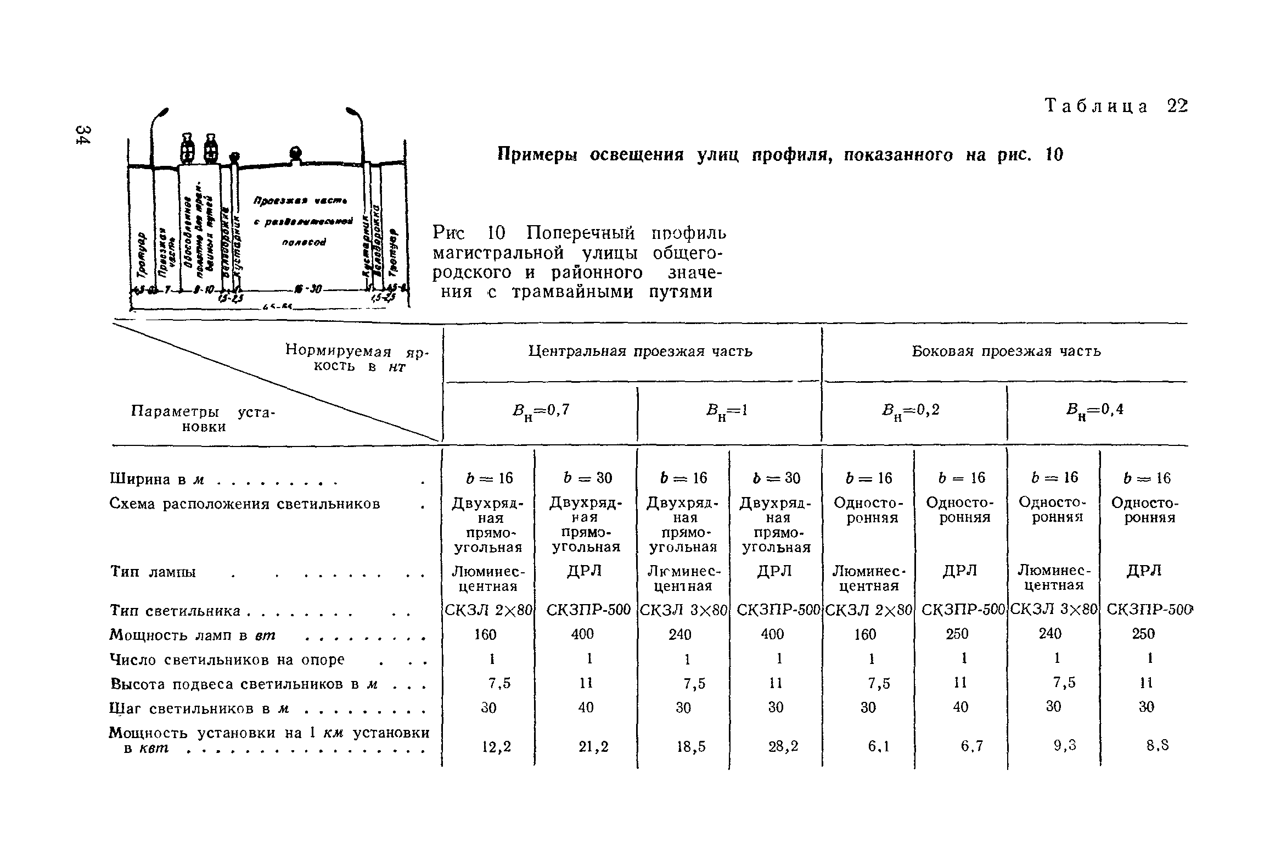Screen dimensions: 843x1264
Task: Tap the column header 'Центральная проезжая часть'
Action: pos(640,351)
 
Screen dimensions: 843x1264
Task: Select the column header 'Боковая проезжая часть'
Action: pos(1006,351)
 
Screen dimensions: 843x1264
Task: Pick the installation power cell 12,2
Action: pos(496,747)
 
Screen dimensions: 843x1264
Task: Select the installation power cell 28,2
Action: pos(783,747)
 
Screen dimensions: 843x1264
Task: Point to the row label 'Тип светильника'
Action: pos(176,611)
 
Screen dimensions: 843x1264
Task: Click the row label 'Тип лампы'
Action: pos(153,572)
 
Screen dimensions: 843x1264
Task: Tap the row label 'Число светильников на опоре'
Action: pos(227,660)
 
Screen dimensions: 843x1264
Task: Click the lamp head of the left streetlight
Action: pos(163,114)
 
